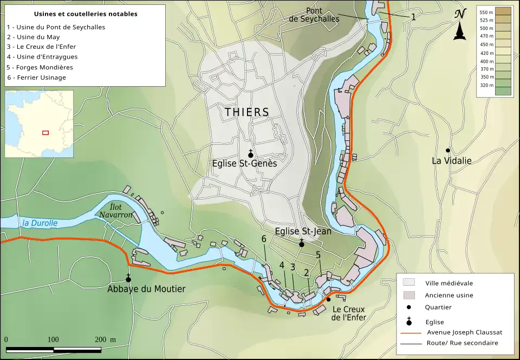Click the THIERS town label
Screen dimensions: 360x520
[x=246, y=112]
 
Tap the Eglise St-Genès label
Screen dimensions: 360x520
[x=244, y=163]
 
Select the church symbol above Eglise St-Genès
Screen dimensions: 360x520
[x=250, y=153]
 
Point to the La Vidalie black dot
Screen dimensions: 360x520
[x=447, y=150]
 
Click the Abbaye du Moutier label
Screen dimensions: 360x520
[x=146, y=289]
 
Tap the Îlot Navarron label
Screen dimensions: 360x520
[x=115, y=211]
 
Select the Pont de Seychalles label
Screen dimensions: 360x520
[x=314, y=15]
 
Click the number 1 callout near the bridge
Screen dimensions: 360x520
[x=413, y=17]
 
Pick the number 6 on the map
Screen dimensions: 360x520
[x=264, y=239]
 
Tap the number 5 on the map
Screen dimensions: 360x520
[x=318, y=255]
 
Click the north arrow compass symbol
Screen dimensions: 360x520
[x=460, y=25]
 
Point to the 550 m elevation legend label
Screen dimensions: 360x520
[x=486, y=12]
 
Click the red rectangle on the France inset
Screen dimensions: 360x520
[x=45, y=132]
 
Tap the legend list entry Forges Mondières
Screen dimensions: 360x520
[x=40, y=67]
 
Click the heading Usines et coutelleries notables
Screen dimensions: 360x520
[x=86, y=14]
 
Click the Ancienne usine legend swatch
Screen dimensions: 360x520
[x=409, y=295]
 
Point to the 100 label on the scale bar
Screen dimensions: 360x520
[x=53, y=339]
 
